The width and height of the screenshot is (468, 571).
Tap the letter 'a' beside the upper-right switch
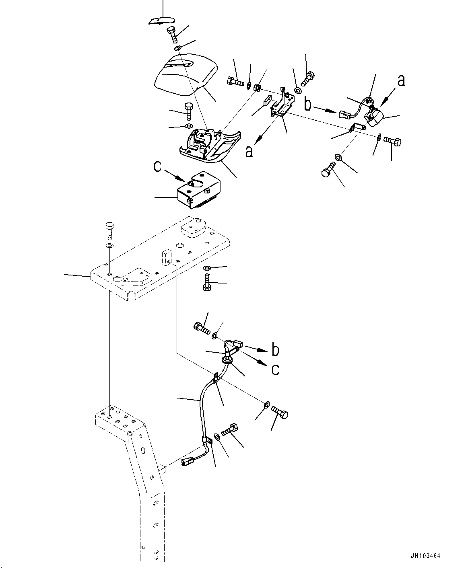[x=401, y=81]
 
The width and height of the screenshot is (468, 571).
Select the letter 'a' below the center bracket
[x=249, y=152]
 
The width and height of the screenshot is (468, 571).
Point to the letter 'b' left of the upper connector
[x=308, y=105]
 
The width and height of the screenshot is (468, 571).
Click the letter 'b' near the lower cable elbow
[x=275, y=350]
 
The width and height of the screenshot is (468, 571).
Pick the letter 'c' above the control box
[x=158, y=166]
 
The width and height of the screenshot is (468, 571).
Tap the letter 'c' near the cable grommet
[x=275, y=369]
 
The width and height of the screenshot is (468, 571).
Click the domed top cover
[x=186, y=75]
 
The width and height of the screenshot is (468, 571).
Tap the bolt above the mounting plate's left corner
[x=109, y=230]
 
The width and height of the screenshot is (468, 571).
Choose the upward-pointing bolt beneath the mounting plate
[x=206, y=283]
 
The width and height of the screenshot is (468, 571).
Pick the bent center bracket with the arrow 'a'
[x=284, y=105]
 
